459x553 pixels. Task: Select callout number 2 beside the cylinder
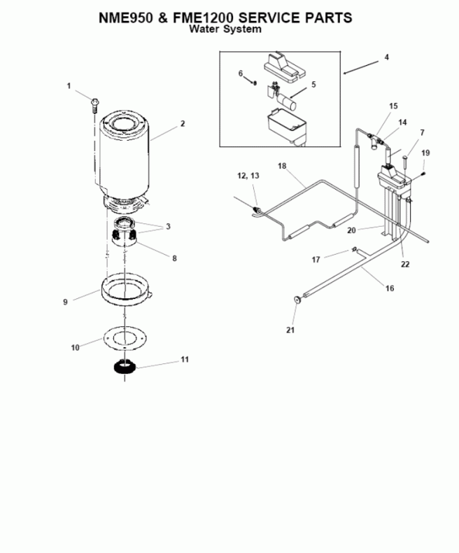click(x=182, y=123)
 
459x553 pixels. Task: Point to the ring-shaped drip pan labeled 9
click(x=125, y=289)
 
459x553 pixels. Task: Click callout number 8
click(x=175, y=258)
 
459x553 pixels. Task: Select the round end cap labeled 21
click(x=298, y=300)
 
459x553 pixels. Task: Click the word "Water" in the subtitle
click(x=209, y=29)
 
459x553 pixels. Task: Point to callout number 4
click(x=386, y=57)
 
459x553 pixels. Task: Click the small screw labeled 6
click(x=256, y=83)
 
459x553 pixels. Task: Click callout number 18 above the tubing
click(x=282, y=166)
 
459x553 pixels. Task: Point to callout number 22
click(x=405, y=264)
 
